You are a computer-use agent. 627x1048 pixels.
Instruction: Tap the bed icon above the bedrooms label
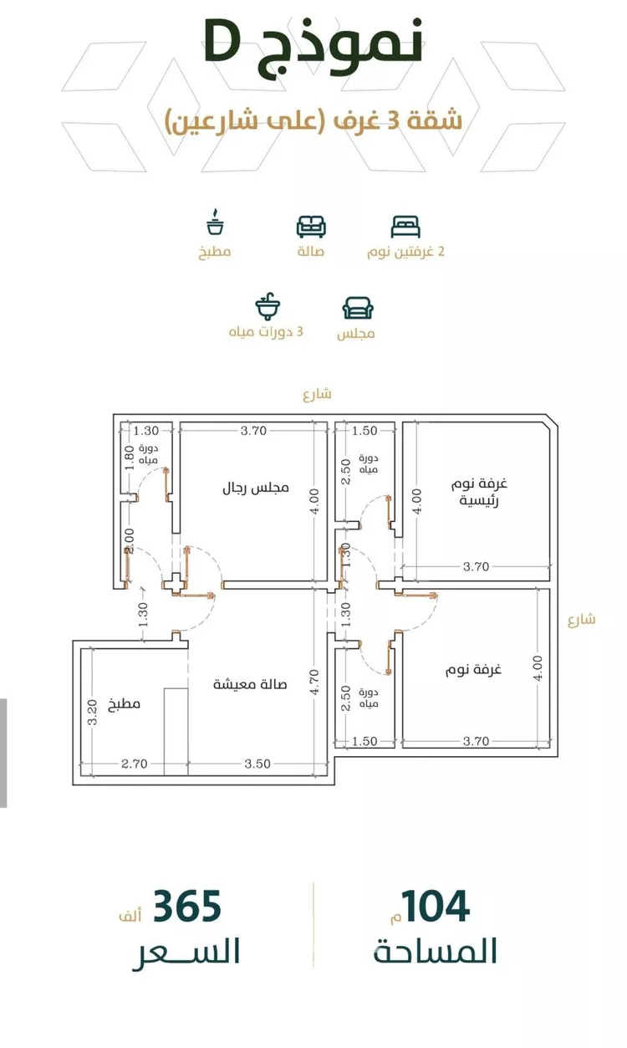pyautogui.click(x=405, y=227)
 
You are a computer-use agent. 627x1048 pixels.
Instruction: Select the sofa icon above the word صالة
pyautogui.click(x=311, y=227)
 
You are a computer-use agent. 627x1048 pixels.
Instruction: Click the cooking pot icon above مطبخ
pyautogui.click(x=215, y=222)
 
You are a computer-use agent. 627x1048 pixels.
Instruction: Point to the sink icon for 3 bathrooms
pyautogui.click(x=268, y=307)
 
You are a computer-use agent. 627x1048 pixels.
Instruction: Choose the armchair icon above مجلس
pyautogui.click(x=358, y=309)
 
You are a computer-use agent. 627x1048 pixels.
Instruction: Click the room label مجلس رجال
pyautogui.click(x=255, y=488)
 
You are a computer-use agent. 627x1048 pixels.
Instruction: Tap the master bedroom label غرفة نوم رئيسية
pyautogui.click(x=479, y=492)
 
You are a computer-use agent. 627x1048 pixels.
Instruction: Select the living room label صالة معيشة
pyautogui.click(x=250, y=684)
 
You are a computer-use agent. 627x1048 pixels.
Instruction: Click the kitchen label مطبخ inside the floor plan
pyautogui.click(x=124, y=704)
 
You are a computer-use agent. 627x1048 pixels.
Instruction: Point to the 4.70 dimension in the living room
pyautogui.click(x=314, y=682)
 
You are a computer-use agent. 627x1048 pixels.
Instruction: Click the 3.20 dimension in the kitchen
pyautogui.click(x=93, y=712)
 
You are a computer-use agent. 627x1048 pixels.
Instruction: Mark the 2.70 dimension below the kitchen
pyautogui.click(x=135, y=764)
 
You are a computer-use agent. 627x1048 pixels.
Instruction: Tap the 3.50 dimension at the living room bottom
pyautogui.click(x=257, y=764)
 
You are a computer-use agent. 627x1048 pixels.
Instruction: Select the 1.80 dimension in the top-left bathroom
pyautogui.click(x=130, y=458)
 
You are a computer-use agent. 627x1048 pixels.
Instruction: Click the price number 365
pyautogui.click(x=187, y=907)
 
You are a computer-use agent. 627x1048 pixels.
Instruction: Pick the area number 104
pyautogui.click(x=436, y=907)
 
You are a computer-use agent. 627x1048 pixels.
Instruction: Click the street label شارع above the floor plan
pyautogui.click(x=318, y=395)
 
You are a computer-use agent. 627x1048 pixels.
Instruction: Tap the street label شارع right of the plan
pyautogui.click(x=582, y=620)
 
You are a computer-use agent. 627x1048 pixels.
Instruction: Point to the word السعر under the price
pyautogui.click(x=187, y=953)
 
